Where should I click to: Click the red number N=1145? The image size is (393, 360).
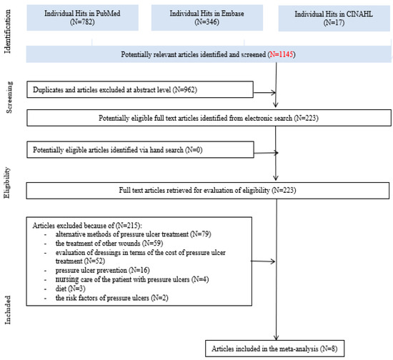(282, 54)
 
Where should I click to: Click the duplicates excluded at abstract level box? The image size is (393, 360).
(140, 90)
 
